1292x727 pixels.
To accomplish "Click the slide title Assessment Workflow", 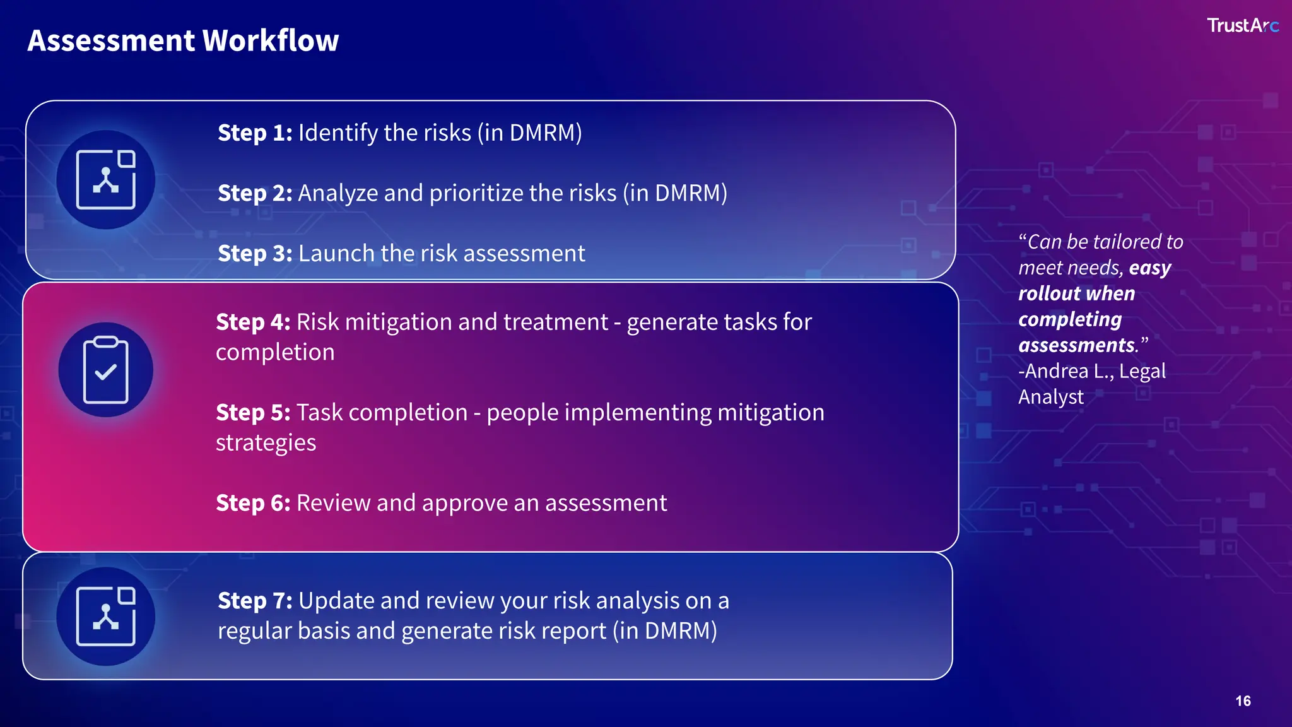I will tap(183, 40).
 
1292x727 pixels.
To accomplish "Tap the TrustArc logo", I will tap(1242, 25).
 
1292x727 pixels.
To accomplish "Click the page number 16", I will tap(1243, 701).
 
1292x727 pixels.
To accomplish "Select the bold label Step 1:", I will tap(255, 133).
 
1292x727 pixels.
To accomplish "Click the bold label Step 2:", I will tap(255, 193).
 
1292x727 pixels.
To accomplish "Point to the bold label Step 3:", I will tap(255, 254).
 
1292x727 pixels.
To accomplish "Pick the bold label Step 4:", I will tap(253, 322).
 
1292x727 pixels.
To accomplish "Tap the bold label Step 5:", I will tap(253, 413).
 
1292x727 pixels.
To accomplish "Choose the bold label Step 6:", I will tap(253, 504).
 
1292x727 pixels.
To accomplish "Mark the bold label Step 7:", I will tap(255, 601).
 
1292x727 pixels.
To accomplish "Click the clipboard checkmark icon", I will tap(106, 370).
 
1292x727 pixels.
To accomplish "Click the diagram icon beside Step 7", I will tap(106, 617).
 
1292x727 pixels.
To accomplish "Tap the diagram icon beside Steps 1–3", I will tap(106, 180).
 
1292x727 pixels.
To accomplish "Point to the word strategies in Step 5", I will tap(266, 443).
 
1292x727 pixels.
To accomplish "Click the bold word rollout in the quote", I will tap(1048, 293).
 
